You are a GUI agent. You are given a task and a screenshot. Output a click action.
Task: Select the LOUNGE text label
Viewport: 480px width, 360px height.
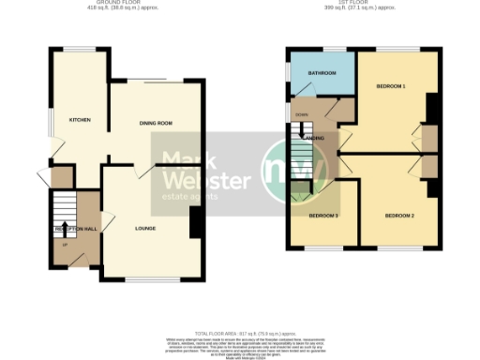click(x=145, y=228)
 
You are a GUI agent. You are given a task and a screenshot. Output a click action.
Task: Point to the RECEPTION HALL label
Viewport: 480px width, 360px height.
click(x=75, y=229)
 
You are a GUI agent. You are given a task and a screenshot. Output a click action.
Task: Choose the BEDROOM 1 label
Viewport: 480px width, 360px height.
click(x=390, y=86)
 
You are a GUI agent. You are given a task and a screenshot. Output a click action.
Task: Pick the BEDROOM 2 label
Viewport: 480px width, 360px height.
click(x=399, y=217)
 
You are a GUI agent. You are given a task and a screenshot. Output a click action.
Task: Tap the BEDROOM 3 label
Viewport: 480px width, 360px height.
click(x=324, y=217)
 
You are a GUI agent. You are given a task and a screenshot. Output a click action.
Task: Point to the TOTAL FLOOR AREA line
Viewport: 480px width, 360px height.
click(x=240, y=334)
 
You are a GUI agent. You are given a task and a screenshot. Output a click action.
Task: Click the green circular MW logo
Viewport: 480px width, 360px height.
click(x=289, y=170)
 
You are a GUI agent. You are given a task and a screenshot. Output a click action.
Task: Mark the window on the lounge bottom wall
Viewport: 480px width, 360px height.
click(x=152, y=280)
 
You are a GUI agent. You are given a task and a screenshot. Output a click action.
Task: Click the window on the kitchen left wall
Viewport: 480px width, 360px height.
click(x=52, y=120)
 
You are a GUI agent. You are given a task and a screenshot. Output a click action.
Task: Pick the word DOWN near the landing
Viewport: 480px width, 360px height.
click(x=301, y=114)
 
